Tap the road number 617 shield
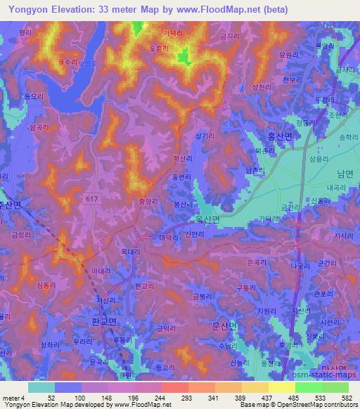tap(95, 200)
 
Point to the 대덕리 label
tap(167, 238)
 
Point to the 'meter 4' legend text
tap(13, 397)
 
